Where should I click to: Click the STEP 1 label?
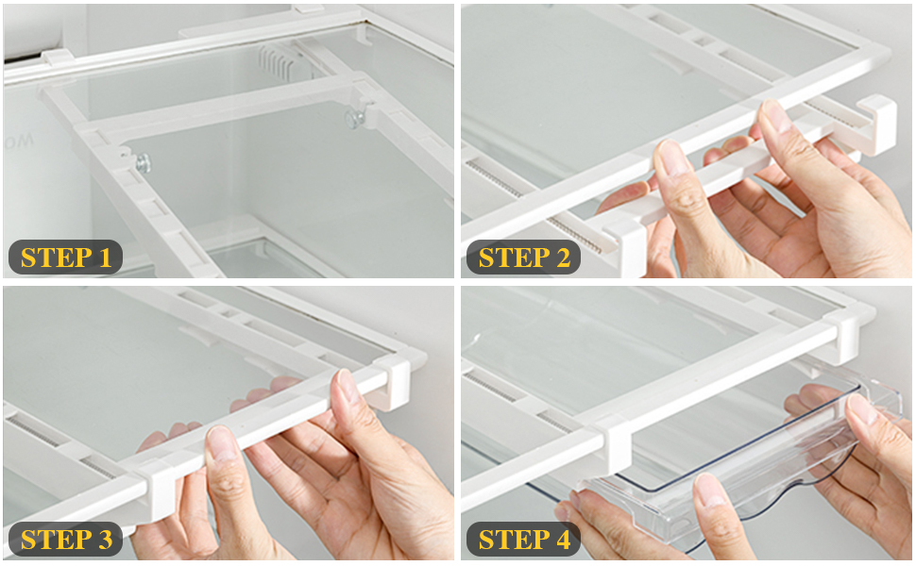(65, 258)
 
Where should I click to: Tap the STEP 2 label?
(523, 258)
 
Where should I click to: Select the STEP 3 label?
(65, 540)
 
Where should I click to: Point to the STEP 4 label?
(523, 540)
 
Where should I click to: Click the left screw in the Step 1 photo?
(143, 163)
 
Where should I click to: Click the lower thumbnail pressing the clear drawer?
(710, 491)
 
